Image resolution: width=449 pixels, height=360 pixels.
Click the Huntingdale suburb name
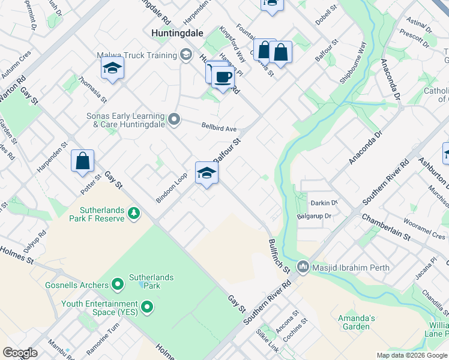coord(178,33)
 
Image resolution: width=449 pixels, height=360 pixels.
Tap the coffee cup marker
coord(223,78)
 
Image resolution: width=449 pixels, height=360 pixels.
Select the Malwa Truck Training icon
coord(186,56)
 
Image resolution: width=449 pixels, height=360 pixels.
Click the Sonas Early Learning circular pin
coord(175,120)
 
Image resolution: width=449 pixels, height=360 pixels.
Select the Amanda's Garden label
coord(358,322)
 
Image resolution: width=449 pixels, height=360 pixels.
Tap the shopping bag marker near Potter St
coord(82,161)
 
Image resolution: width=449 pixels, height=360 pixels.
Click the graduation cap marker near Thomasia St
coord(112,69)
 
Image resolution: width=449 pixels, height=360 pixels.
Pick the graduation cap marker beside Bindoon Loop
coord(206,173)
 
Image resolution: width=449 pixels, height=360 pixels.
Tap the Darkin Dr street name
coord(325,203)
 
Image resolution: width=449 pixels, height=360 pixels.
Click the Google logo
coord(20,353)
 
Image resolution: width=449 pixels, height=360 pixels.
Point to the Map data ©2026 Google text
coord(411,355)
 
